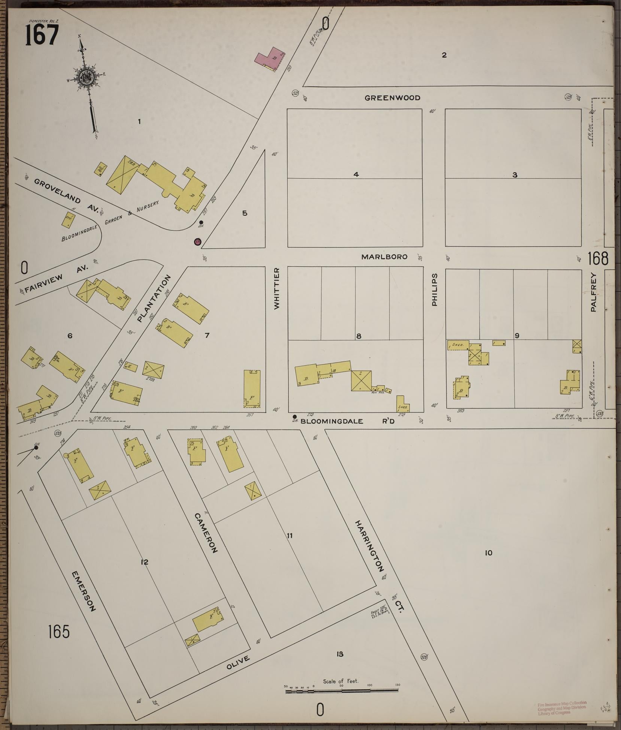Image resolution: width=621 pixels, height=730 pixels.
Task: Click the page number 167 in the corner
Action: tap(42, 36)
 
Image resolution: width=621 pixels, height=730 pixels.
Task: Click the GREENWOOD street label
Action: tap(393, 98)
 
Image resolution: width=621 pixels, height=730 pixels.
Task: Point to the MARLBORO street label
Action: tap(384, 257)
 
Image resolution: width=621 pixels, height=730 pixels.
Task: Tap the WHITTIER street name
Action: tap(277, 288)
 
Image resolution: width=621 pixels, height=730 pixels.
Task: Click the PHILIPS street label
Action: tap(434, 290)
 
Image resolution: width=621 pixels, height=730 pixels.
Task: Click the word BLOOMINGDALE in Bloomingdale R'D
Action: tap(332, 421)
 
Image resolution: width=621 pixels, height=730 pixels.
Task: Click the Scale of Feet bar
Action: tap(342, 690)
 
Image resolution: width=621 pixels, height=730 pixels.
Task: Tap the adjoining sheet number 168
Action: tap(598, 258)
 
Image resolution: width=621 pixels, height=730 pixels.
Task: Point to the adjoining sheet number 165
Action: tap(59, 632)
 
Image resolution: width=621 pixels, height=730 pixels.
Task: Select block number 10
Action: tap(488, 563)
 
